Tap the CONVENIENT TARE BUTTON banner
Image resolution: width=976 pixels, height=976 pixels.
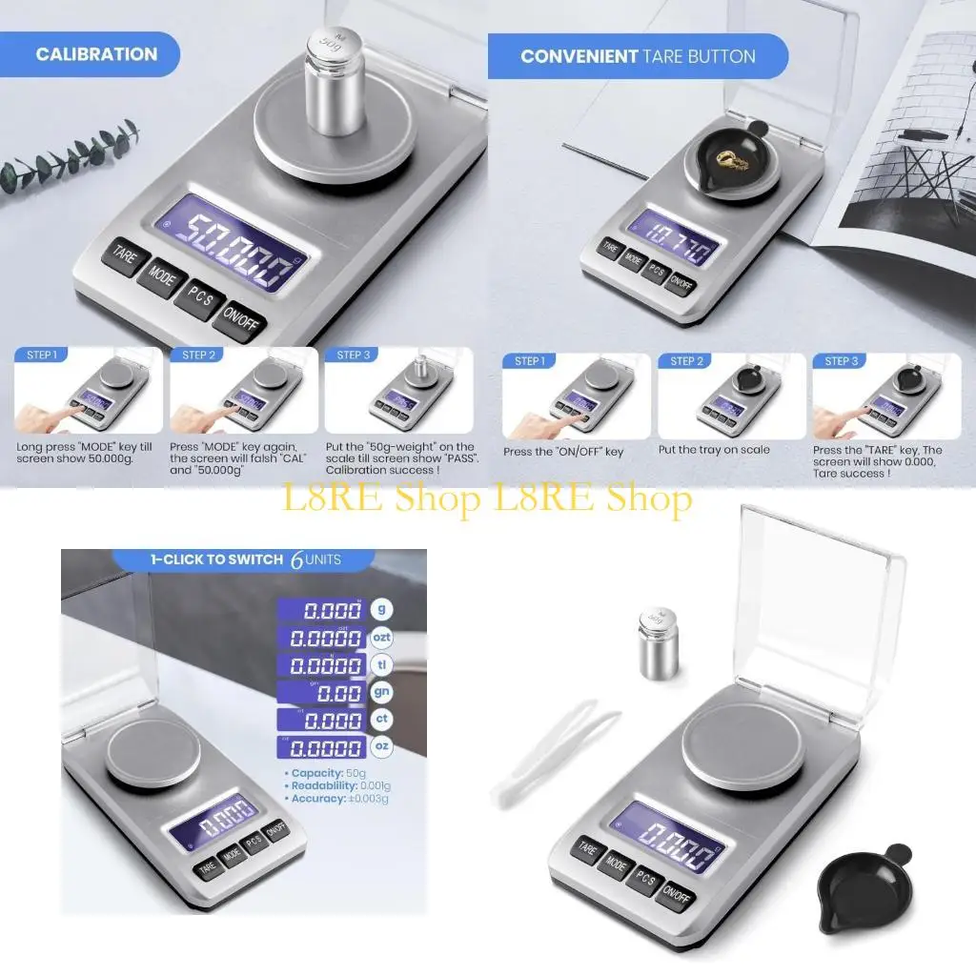638,56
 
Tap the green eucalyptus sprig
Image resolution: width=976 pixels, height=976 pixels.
67,157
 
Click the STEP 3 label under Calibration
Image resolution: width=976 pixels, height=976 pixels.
354,356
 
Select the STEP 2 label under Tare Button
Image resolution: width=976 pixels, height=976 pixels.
687,361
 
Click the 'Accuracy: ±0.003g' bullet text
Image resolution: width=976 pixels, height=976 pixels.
335,799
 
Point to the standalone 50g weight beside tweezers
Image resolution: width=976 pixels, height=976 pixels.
658,643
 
